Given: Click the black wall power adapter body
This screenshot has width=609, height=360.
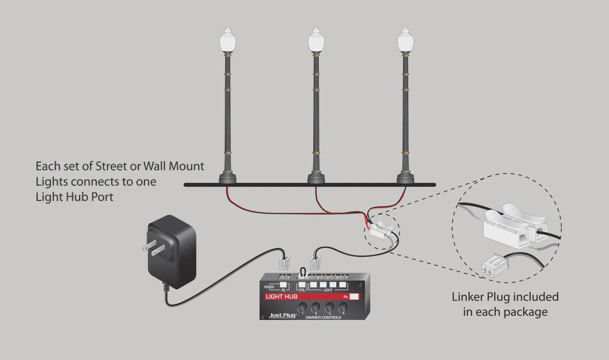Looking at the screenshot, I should [x=172, y=251].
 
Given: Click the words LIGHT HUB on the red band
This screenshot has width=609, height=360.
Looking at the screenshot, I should [x=282, y=296].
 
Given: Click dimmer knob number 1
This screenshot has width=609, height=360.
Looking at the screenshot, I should [x=302, y=307].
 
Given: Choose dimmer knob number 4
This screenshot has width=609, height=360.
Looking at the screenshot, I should [x=343, y=307].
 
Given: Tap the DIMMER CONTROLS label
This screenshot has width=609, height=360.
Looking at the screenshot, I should [x=323, y=317].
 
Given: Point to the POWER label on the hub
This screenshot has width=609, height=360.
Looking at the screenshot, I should [x=269, y=287].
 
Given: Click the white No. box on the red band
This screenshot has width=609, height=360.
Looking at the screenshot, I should [x=354, y=296].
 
